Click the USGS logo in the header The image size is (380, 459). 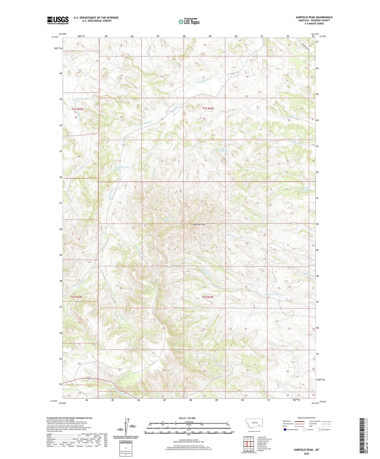(58, 20)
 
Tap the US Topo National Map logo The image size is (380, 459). (188, 22)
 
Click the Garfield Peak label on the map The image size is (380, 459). (199, 224)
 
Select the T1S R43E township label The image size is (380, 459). (208, 108)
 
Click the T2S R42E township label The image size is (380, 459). (76, 297)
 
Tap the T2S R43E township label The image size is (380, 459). (207, 297)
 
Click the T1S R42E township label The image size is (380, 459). (77, 109)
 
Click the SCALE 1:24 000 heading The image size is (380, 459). (187, 418)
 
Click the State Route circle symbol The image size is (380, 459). (320, 430)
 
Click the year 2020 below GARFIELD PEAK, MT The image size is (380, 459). (306, 453)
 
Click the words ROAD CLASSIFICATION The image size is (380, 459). (306, 418)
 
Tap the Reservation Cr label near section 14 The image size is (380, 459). (276, 294)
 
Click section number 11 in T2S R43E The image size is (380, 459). (288, 245)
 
